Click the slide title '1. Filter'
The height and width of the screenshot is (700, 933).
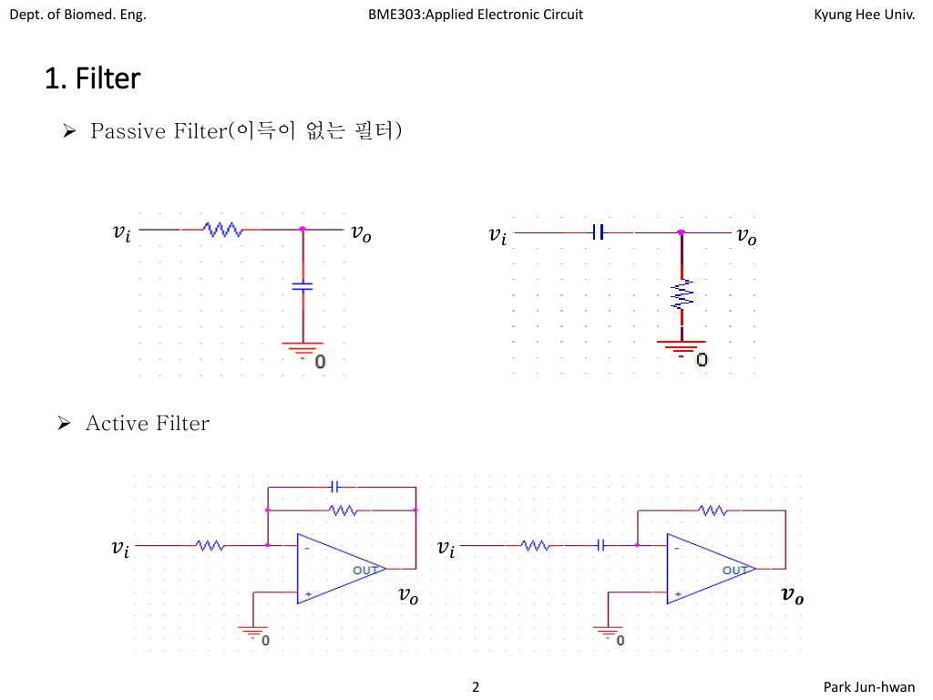click(x=92, y=78)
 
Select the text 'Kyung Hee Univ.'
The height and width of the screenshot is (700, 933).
click(x=864, y=15)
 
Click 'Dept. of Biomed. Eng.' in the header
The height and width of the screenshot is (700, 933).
click(x=77, y=15)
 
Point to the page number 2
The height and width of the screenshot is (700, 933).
click(x=476, y=686)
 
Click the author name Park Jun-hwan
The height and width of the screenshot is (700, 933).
click(x=869, y=686)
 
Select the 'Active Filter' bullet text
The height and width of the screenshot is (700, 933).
click(x=147, y=423)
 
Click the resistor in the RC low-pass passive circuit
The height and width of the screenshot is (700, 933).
click(x=221, y=230)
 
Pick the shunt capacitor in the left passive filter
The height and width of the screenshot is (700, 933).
click(x=302, y=286)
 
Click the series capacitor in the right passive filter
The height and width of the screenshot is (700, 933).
click(x=597, y=232)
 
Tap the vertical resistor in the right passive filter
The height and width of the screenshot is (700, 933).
click(x=682, y=293)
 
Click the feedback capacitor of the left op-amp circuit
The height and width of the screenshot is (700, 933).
click(x=334, y=486)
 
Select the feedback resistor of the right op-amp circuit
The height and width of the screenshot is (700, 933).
click(x=712, y=510)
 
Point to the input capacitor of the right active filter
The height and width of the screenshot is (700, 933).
click(x=600, y=545)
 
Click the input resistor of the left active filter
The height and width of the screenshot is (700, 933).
click(x=210, y=545)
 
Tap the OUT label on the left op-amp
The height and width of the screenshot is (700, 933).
click(x=365, y=571)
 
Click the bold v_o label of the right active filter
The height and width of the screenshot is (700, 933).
click(x=792, y=596)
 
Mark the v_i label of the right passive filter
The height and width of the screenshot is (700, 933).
click(x=497, y=236)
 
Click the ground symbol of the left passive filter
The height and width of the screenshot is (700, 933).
click(x=302, y=348)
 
